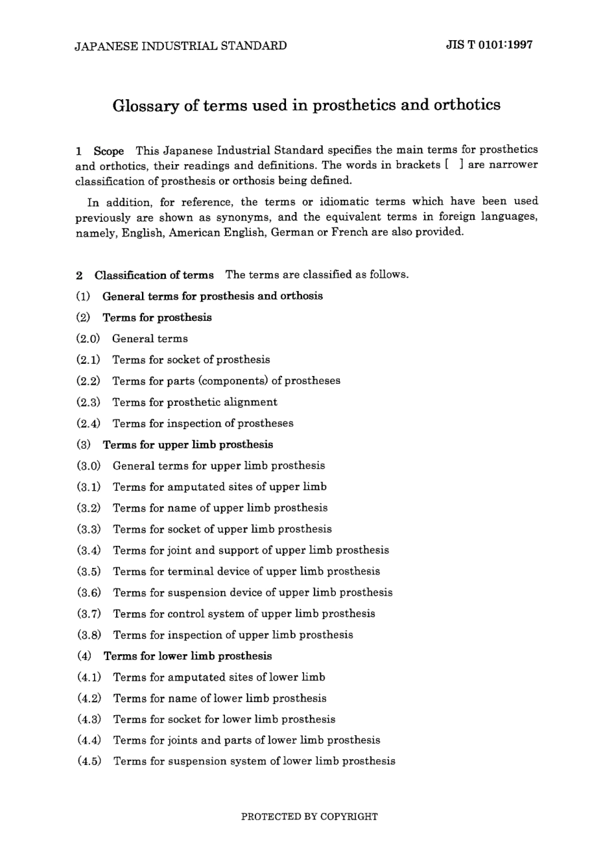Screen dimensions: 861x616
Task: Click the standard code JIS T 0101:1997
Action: click(489, 45)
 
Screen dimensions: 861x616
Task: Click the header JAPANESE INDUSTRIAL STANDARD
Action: click(181, 45)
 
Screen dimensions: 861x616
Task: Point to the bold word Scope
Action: click(108, 150)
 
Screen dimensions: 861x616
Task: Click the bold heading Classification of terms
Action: click(154, 275)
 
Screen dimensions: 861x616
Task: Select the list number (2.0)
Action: click(88, 338)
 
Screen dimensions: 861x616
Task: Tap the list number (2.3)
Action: click(88, 402)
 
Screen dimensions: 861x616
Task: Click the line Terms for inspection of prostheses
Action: click(202, 423)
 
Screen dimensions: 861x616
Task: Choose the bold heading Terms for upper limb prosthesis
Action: click(188, 445)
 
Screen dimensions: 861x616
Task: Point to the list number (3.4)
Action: click(89, 550)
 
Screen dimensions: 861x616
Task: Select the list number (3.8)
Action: click(89, 635)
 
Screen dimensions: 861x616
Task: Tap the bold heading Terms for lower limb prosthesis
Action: click(187, 656)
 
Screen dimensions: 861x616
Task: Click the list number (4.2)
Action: click(89, 698)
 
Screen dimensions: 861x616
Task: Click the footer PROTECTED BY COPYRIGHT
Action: click(309, 817)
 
